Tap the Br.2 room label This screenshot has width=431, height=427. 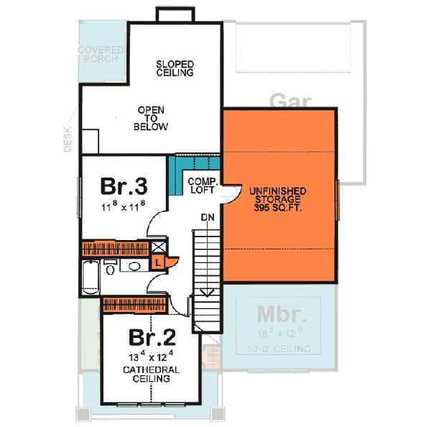pos(151,336)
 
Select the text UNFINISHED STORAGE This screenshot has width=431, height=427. pos(279,195)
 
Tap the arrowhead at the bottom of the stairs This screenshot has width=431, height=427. pos(207,293)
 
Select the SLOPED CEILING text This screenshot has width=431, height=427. pos(175,68)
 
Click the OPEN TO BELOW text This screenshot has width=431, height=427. pos(151,119)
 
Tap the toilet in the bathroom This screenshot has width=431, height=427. pos(110,269)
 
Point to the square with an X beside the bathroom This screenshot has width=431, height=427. pos(158,248)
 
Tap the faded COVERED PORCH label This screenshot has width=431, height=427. pos(101,55)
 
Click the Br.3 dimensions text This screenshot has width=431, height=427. pos(124,206)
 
